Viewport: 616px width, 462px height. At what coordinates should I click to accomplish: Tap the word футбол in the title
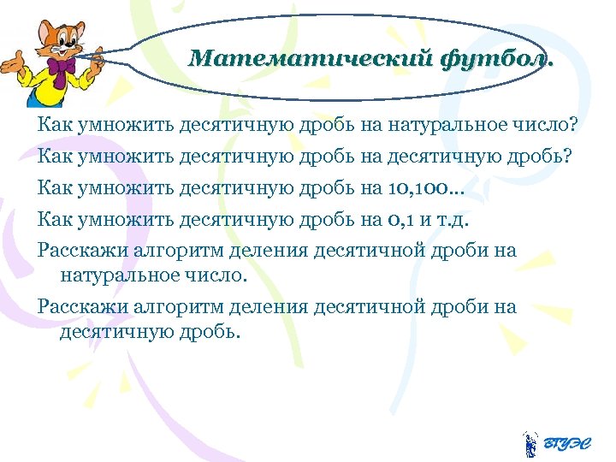(495, 59)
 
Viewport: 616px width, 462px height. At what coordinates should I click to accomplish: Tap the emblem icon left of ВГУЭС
(530, 443)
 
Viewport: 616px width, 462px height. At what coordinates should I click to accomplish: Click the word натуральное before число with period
(117, 275)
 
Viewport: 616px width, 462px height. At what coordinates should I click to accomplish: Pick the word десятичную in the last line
(110, 331)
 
